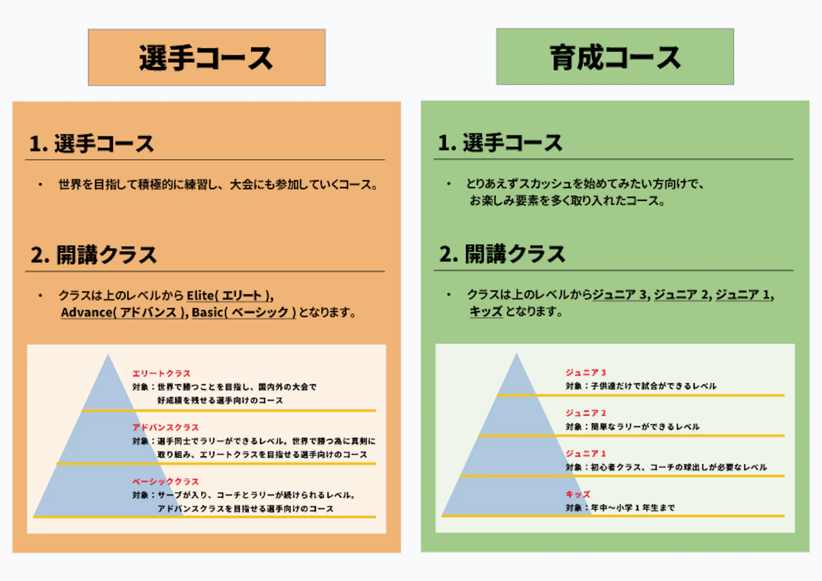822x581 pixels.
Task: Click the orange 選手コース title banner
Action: click(207, 57)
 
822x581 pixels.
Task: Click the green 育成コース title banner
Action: click(615, 57)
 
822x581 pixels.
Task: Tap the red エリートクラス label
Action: click(161, 373)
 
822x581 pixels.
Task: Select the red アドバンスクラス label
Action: click(165, 427)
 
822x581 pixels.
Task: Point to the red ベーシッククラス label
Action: click(165, 481)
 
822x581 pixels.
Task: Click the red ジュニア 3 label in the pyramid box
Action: click(586, 372)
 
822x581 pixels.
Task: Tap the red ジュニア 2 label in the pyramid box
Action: click(586, 413)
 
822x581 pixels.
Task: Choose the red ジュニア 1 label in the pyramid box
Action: click(586, 453)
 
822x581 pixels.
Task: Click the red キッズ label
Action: click(578, 494)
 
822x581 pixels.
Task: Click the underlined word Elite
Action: click(200, 295)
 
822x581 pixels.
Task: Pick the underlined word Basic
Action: click(208, 312)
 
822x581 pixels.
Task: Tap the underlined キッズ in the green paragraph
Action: click(486, 312)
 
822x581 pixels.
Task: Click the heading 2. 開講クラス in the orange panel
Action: click(94, 255)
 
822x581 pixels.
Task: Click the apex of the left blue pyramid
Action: click(108, 354)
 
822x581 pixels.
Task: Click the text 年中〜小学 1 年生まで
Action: click(633, 508)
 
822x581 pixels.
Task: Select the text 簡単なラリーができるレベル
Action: click(645, 426)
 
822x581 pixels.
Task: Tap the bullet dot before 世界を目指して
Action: click(41, 184)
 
